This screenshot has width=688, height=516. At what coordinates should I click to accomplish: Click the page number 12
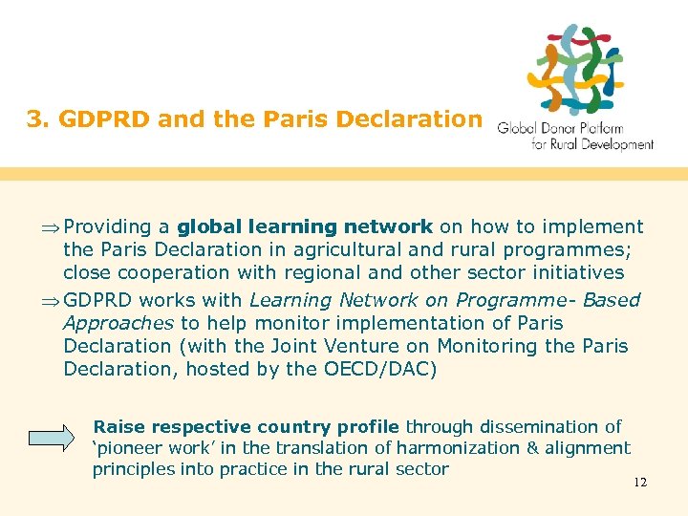pyautogui.click(x=640, y=483)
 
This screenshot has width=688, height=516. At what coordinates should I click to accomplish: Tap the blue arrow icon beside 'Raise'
pyautogui.click(x=51, y=438)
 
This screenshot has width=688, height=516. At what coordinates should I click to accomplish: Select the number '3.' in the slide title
pyautogui.click(x=38, y=119)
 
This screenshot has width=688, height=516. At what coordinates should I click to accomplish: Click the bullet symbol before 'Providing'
pyautogui.click(x=52, y=228)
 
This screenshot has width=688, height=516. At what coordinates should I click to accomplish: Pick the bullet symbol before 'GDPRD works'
pyautogui.click(x=52, y=300)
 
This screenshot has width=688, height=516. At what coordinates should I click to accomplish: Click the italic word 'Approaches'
pyautogui.click(x=118, y=323)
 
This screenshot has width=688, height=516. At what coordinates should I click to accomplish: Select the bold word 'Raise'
pyautogui.click(x=119, y=427)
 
